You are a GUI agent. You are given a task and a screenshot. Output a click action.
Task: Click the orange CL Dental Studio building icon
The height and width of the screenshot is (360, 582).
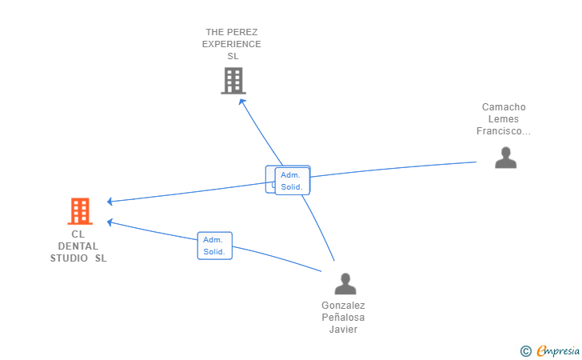tap(79, 211)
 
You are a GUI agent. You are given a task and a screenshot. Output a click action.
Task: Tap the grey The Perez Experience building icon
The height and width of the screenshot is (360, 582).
tap(233, 80)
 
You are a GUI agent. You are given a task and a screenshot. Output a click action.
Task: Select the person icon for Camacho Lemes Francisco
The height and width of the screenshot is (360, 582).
tap(505, 158)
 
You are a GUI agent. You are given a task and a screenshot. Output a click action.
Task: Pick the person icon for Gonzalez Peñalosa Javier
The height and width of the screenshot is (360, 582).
tap(345, 284)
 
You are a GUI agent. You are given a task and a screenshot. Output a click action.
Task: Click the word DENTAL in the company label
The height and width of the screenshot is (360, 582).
tap(78, 246)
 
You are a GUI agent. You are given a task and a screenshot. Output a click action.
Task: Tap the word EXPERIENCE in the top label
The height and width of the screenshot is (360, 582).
tap(232, 44)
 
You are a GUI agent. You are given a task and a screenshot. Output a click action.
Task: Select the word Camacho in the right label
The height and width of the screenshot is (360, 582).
tap(504, 107)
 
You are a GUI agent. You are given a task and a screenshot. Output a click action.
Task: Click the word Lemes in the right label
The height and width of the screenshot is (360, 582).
tap(504, 119)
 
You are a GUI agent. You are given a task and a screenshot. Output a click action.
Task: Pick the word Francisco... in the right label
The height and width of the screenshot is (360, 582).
tap(504, 131)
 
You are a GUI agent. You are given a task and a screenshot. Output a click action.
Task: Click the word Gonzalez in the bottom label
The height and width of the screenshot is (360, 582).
tap(344, 306)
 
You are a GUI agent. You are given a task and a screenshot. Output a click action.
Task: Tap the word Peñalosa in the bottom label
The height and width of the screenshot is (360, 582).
tap(344, 318)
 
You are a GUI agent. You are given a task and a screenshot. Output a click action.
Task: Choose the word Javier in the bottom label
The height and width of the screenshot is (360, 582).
tap(344, 330)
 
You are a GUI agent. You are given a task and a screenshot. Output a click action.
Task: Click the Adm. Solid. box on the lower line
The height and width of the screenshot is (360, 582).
tap(214, 246)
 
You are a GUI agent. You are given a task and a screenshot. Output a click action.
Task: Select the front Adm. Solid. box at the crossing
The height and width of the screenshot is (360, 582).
tap(292, 181)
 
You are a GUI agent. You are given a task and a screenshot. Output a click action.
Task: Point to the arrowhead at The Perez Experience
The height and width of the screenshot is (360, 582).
tap(242, 101)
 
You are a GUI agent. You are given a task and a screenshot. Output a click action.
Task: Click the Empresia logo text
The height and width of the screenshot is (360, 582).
tap(558, 350)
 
